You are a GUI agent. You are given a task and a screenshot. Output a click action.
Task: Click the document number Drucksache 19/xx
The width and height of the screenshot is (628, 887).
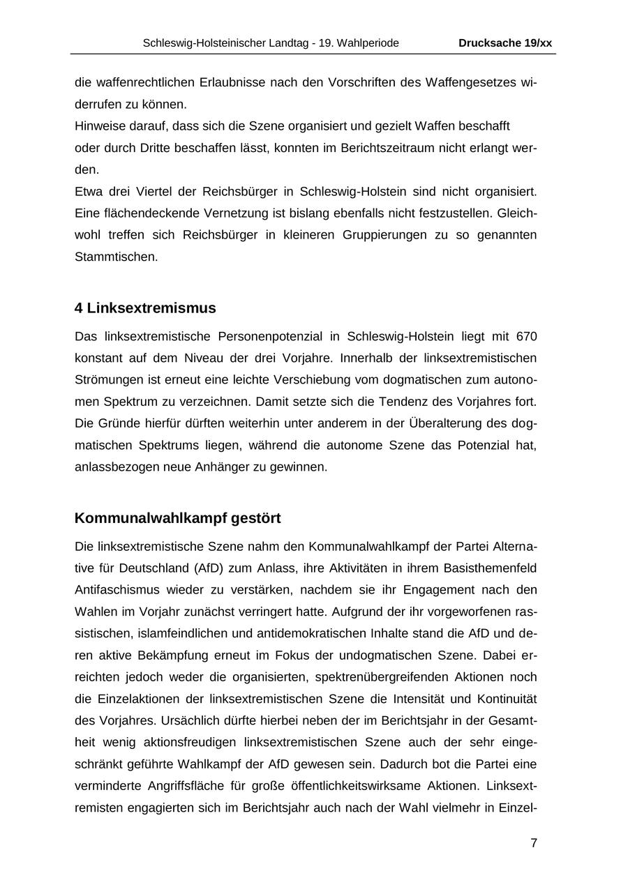504,43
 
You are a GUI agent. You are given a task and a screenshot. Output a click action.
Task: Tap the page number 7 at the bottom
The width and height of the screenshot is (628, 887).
534,843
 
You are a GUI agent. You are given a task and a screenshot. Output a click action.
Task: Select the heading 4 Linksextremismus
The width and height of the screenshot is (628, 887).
145,308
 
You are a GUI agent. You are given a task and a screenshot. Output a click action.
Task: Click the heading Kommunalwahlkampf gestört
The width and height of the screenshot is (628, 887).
177,519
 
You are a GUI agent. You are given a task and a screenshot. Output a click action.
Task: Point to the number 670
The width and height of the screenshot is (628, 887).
526,337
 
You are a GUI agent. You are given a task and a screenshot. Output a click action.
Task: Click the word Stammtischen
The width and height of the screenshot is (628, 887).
117,257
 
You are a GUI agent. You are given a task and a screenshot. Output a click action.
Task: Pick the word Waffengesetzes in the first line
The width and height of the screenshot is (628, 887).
475,82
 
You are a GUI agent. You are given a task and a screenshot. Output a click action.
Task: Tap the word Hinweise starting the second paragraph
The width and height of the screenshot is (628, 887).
98,126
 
